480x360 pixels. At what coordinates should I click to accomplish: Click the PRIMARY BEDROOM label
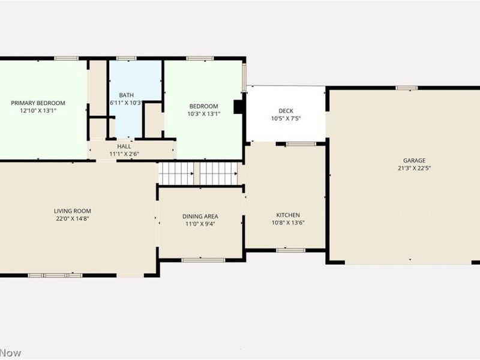click(38, 103)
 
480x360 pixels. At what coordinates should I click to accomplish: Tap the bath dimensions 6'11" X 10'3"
click(127, 103)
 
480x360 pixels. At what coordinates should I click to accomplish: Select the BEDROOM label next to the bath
click(203, 106)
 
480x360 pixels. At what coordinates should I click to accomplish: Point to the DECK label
click(286, 111)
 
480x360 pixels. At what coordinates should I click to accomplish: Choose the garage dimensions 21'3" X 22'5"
click(414, 168)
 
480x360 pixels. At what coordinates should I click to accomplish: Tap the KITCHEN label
click(288, 215)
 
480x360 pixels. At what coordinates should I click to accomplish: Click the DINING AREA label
click(200, 217)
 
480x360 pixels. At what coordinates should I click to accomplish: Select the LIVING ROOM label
click(73, 211)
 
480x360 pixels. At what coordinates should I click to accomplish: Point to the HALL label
click(124, 146)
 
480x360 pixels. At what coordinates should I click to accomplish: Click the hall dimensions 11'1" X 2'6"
click(124, 154)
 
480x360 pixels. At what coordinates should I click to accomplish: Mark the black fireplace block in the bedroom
click(238, 107)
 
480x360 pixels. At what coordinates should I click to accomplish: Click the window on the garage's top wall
click(407, 88)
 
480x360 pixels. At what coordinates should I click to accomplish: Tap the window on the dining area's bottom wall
click(203, 260)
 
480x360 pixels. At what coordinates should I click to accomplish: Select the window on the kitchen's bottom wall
click(291, 250)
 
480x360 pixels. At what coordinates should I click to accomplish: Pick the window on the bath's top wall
click(127, 58)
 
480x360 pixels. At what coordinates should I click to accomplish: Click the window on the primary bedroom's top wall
click(67, 58)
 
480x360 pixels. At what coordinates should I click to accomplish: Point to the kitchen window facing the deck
click(301, 144)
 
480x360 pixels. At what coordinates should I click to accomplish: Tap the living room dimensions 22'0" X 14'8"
click(73, 218)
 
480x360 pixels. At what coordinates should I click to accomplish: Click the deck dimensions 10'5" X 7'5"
click(286, 118)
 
